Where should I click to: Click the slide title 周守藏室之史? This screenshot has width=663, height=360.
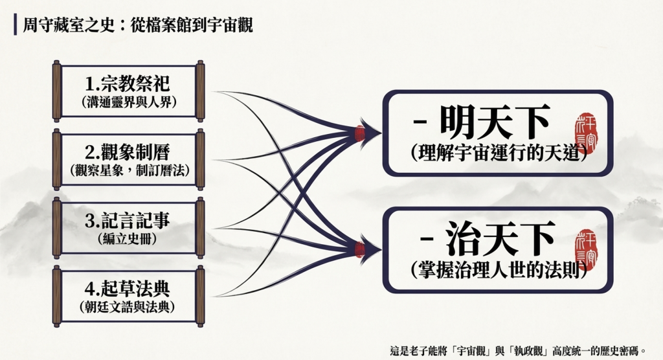point(69,25)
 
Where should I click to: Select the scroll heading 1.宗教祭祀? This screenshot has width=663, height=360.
point(128,84)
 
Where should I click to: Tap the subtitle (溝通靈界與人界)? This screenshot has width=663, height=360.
point(129,102)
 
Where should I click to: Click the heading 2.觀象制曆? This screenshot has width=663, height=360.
point(128,152)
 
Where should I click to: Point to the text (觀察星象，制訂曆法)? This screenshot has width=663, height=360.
point(129,170)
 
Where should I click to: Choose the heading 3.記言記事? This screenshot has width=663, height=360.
point(128,220)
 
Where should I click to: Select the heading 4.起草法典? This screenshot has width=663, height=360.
point(128,289)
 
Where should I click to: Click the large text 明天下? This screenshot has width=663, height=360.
point(495,122)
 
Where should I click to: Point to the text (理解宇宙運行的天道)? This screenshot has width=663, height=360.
point(499,153)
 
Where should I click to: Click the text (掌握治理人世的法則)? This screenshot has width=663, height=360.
point(499,269)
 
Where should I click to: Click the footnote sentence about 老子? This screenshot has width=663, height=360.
point(518,351)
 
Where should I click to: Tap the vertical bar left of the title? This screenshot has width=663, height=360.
point(16,25)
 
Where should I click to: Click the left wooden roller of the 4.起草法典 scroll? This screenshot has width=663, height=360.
point(57,296)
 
